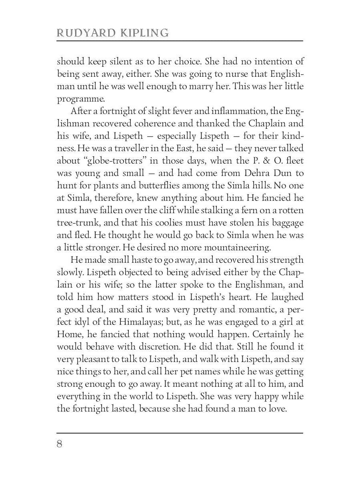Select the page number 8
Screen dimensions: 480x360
point(60,444)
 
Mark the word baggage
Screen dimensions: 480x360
point(287,223)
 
